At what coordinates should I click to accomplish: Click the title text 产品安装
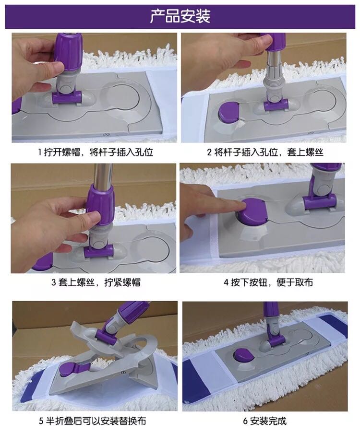pyautogui.click(x=180, y=16)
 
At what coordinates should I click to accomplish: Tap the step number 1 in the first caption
pyautogui.click(x=40, y=152)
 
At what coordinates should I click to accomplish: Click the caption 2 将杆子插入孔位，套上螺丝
pyautogui.click(x=265, y=152)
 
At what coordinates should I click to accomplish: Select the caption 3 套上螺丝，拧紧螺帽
pyautogui.click(x=96, y=282)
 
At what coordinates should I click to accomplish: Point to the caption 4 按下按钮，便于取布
pyautogui.click(x=268, y=282)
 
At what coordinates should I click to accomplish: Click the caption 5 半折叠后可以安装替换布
pyautogui.click(x=92, y=421)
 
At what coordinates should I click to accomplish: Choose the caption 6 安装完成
pyautogui.click(x=264, y=421)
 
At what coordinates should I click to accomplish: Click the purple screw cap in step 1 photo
pyautogui.click(x=68, y=52)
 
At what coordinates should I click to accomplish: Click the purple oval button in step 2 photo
pyautogui.click(x=229, y=112)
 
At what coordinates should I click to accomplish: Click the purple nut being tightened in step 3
pyautogui.click(x=100, y=201)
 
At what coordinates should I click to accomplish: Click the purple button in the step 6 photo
pyautogui.click(x=243, y=355)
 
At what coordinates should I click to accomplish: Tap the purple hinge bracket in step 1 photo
pyautogui.click(x=67, y=97)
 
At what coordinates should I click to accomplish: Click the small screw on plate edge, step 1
pyautogui.click(x=105, y=135)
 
